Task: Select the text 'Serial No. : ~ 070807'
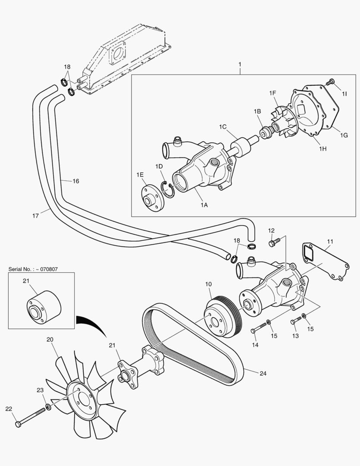click(33, 269)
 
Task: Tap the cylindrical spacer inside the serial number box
click(44, 307)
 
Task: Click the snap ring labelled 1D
click(168, 189)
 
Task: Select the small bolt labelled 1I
click(331, 82)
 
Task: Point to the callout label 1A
click(204, 205)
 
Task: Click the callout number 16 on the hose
click(76, 181)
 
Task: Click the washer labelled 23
click(48, 407)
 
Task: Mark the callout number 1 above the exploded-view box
click(239, 65)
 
